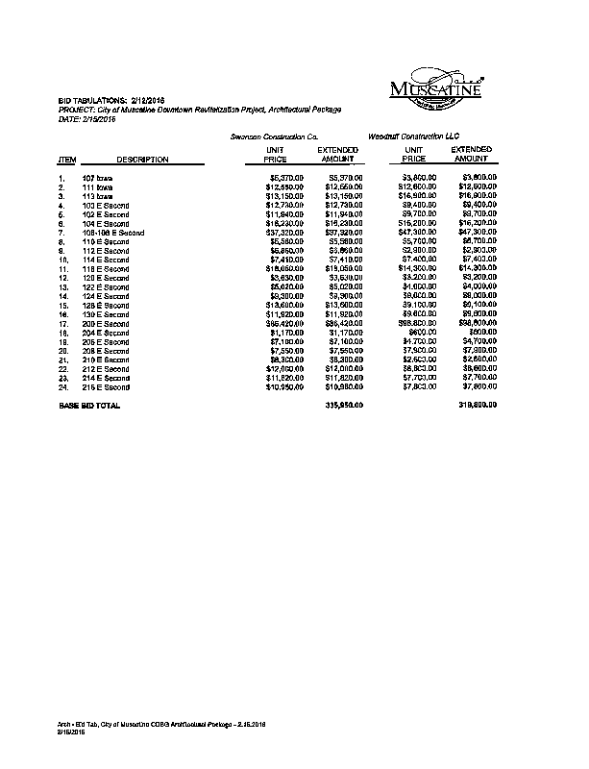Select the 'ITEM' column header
[x=67, y=160]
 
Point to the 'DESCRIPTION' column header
[x=142, y=160]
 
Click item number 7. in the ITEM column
[x=61, y=233]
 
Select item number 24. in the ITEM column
[x=62, y=387]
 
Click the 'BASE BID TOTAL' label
[x=90, y=407]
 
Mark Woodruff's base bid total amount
[x=478, y=407]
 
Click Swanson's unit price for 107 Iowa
[x=285, y=178]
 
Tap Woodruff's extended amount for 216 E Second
[x=478, y=387]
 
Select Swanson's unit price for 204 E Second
[x=286, y=333]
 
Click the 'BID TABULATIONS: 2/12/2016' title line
[x=113, y=101]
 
